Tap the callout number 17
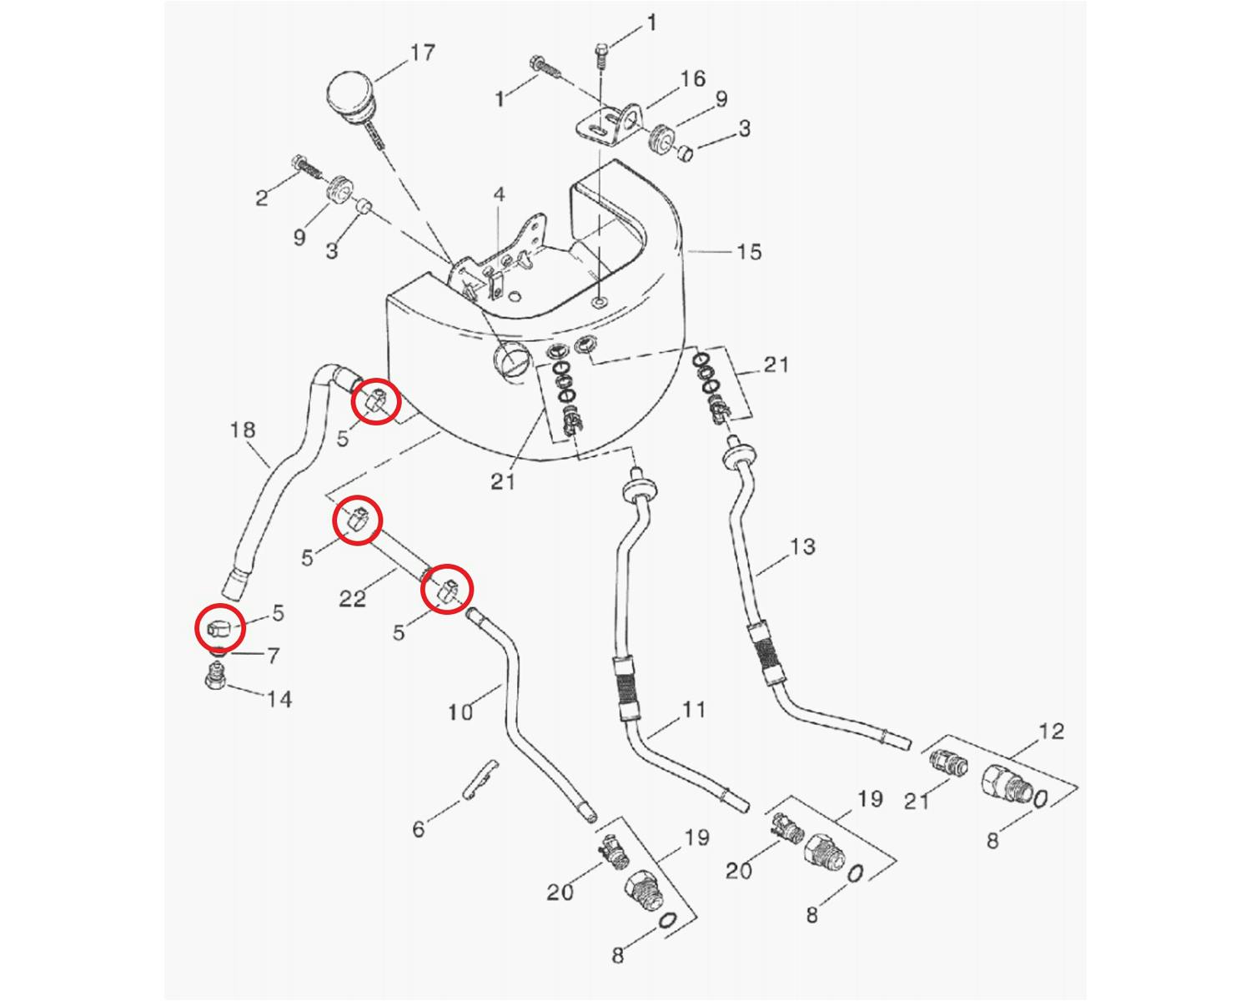point(423,53)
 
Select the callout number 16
point(692,79)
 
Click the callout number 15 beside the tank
point(749,252)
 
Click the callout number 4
point(499,195)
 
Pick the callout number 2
point(262,199)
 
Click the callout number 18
point(243,430)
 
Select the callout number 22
point(352,599)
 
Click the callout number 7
point(273,656)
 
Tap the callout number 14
point(279,699)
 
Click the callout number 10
point(460,712)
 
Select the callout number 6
point(419,828)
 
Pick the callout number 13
point(802,547)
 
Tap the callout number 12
point(1052,732)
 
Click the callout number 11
point(694,710)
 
